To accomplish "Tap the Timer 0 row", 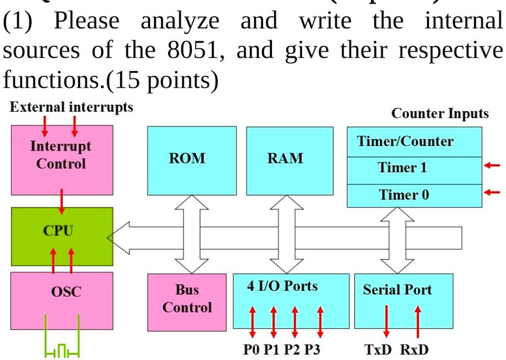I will pos(414,196).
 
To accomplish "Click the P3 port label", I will pos(311,350).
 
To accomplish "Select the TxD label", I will pos(378,350).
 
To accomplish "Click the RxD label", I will pos(414,350).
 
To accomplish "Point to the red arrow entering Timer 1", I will pos(492,166).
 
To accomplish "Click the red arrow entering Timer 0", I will pos(492,193).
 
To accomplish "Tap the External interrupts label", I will pos(71,107).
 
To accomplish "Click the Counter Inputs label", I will pos(440,113).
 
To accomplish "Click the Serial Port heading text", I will pos(397,289).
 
